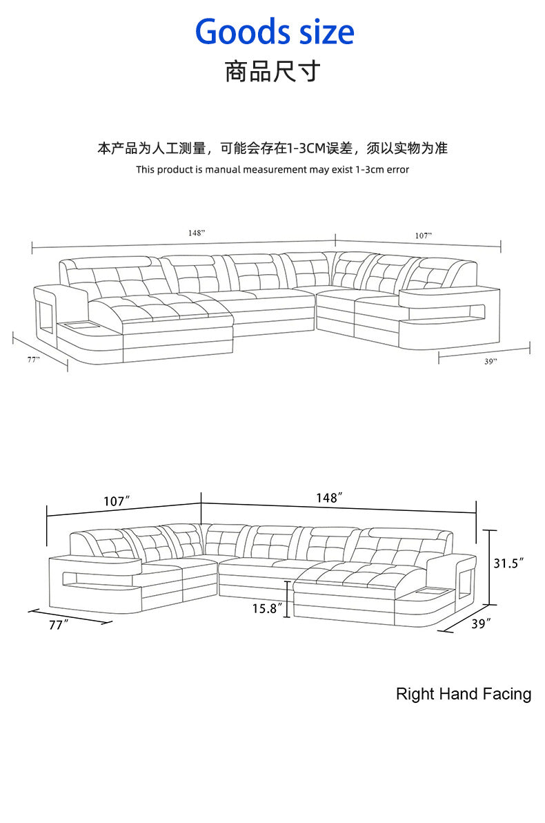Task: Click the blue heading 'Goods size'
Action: tap(275, 32)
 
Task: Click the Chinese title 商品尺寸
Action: tap(272, 70)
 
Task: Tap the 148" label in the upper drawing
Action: tap(197, 233)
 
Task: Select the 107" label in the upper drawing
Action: tap(424, 235)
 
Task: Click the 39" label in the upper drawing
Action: tap(490, 361)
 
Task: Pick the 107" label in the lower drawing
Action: tap(117, 501)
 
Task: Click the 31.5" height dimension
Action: tap(508, 563)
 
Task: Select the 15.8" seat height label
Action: tap(266, 608)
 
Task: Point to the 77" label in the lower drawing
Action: tap(60, 626)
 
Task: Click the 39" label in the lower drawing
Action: tap(482, 623)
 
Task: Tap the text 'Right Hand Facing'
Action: tap(464, 694)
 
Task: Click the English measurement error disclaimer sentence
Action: tap(272, 170)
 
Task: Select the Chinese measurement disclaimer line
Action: tap(272, 148)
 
